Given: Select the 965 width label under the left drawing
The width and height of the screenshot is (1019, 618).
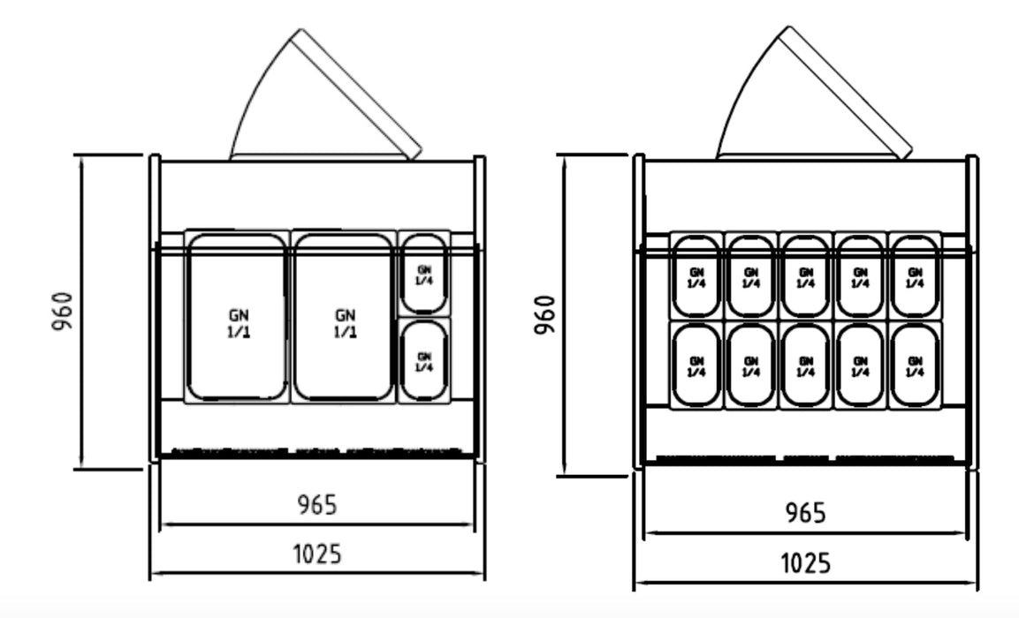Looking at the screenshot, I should [x=316, y=505].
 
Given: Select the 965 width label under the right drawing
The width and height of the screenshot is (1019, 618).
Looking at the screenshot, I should [x=805, y=512].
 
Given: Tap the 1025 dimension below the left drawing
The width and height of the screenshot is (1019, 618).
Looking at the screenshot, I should [x=316, y=554].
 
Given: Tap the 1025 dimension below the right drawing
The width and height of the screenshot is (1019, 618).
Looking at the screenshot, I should [x=805, y=562].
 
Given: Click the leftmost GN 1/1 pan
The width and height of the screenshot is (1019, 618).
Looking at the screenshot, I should [x=237, y=318].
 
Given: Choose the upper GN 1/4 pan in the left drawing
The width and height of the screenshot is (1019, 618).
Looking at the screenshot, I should [x=423, y=273].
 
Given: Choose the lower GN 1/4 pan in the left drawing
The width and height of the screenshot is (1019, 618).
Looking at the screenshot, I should [x=423, y=361].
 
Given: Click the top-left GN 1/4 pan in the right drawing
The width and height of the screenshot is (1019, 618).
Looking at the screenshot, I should [x=696, y=275].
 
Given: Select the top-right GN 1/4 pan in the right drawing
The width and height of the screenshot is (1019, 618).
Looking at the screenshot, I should [x=914, y=275].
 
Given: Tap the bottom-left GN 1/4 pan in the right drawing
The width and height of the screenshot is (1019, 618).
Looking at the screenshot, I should [x=696, y=366].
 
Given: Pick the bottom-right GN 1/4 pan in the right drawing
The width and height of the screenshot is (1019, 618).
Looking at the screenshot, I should [x=914, y=366].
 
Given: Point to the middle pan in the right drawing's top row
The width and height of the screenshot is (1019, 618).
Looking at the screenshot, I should [x=805, y=275].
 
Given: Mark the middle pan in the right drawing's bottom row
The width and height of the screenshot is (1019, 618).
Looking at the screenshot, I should [x=805, y=366].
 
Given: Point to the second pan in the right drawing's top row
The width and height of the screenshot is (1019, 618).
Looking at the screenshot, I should [x=751, y=275].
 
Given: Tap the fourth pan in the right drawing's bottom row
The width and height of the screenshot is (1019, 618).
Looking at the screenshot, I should [x=860, y=366].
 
